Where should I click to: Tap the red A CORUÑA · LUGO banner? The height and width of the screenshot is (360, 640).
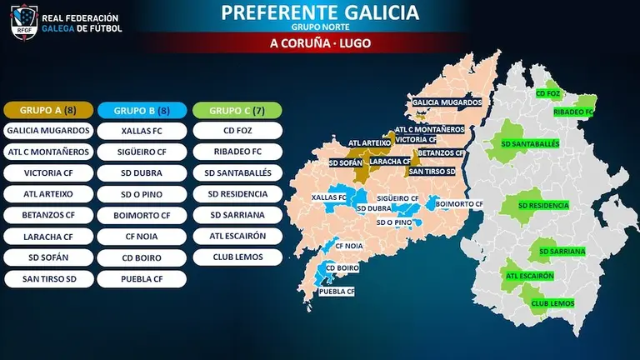(x=320, y=42)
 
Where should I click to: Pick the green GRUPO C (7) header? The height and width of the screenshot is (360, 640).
(x=237, y=110)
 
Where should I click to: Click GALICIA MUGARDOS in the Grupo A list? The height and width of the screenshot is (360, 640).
(x=47, y=131)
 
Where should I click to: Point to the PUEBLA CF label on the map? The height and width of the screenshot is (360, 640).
(x=337, y=292)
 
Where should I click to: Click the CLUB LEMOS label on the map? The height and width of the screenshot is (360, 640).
(x=552, y=303)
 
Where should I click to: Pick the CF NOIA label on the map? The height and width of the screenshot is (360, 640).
(x=349, y=247)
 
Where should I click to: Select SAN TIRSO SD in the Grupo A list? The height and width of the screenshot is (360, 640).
(x=47, y=278)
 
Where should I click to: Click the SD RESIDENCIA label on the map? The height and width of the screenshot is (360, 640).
(x=543, y=205)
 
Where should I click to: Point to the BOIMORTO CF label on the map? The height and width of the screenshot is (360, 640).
(x=459, y=203)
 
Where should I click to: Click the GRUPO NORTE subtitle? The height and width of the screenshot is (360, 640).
(x=320, y=27)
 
